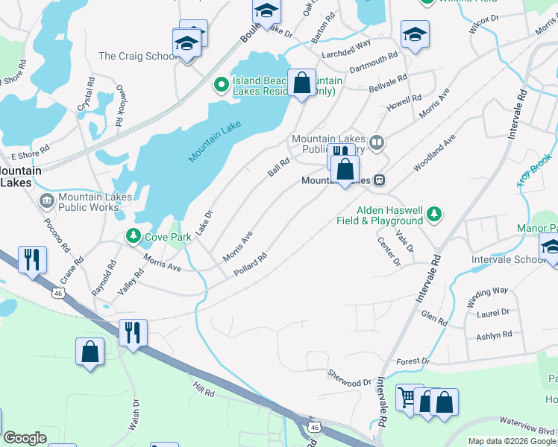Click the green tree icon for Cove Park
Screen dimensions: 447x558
click(x=134, y=237)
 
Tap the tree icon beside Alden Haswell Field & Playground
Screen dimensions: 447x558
click(x=433, y=216)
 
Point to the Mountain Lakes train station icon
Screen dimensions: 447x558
click(x=380, y=180)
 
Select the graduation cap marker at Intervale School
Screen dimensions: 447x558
click(x=551, y=247)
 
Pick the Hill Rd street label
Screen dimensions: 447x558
click(x=204, y=388)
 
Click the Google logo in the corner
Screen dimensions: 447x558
click(x=25, y=438)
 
